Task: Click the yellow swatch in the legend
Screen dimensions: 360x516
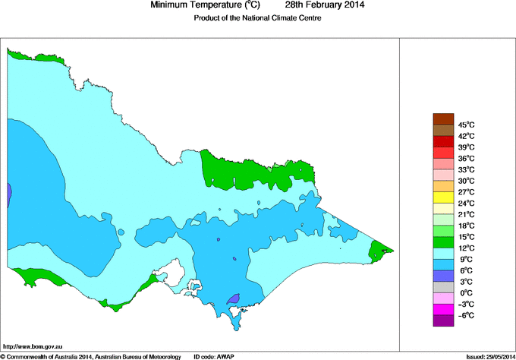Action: pos(442,197)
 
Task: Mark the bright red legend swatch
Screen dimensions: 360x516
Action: pos(442,141)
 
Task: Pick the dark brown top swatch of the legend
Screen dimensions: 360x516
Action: pos(442,118)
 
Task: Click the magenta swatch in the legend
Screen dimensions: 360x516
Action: pos(442,309)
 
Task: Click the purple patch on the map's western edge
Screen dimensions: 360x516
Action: pos(9,195)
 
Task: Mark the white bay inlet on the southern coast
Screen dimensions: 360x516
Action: pos(177,271)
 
